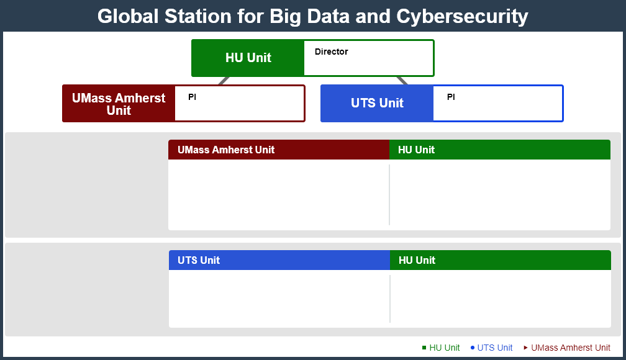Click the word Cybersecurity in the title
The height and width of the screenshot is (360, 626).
pos(462,17)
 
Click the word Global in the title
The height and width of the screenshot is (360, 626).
pos(128,16)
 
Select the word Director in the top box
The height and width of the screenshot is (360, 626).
pos(332,52)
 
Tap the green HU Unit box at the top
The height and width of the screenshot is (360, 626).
pos(248,58)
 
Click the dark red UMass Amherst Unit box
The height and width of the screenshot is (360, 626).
pos(119,104)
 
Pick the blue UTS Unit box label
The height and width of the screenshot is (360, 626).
pos(377,103)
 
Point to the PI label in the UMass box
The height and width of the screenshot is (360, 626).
pos(192,97)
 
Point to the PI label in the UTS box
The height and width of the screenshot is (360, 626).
pos(451,97)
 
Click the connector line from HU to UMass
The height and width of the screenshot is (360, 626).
pos(224,81)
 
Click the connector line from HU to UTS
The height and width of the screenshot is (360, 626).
pos(402,81)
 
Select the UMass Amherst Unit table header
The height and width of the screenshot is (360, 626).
pos(279,150)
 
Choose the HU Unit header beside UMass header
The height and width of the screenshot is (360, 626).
pos(500,150)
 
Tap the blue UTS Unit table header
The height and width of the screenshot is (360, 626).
pos(279,260)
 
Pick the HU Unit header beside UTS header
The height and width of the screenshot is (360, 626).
pos(501,260)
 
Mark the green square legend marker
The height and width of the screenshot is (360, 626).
pos(424,348)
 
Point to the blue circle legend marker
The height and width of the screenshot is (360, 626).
pos(472,348)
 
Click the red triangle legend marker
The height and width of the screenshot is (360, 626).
pos(526,348)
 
